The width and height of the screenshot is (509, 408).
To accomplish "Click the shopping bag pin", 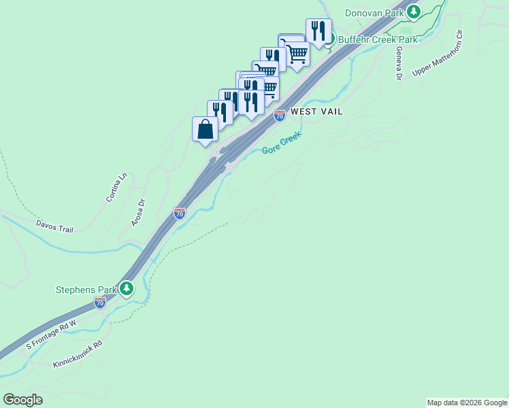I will (206, 129).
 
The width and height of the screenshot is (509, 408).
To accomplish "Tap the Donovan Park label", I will (375, 13).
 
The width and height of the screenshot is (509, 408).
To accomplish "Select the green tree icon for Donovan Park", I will (413, 12).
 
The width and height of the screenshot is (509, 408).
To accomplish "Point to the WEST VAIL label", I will (316, 111).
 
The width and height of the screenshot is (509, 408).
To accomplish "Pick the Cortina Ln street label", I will (116, 188).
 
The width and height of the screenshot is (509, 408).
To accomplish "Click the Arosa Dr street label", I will (138, 212).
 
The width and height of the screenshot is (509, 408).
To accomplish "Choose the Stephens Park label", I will (86, 290).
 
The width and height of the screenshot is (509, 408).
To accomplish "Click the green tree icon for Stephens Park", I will (127, 289).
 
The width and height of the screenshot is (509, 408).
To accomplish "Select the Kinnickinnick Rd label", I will (78, 355).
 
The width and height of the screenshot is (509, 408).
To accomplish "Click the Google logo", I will (22, 400).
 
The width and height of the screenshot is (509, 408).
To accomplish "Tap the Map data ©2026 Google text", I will (466, 403).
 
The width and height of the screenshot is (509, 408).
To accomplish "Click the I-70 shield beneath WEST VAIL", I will (280, 116).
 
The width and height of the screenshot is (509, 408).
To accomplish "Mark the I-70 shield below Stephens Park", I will (101, 303).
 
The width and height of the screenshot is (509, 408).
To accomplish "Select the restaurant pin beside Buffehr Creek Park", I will (318, 31).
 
